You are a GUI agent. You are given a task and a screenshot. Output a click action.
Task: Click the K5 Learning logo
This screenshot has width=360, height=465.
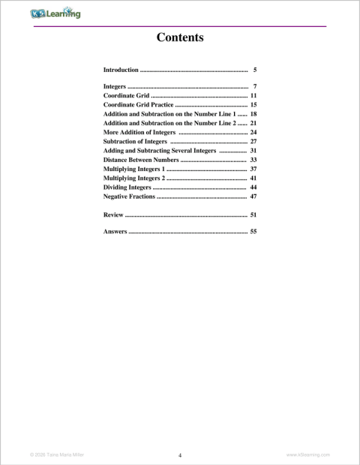[x=55, y=13]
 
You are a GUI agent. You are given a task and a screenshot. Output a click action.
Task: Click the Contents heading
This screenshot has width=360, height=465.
[x=180, y=37]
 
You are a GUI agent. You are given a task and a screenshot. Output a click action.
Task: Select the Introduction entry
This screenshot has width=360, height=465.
[x=121, y=70]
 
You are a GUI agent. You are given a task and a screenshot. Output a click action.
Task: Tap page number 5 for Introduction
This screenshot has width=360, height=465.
[x=255, y=70]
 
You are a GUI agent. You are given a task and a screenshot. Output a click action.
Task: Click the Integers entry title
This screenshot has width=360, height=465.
[x=115, y=88]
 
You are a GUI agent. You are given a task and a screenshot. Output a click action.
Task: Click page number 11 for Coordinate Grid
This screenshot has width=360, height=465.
[x=253, y=97]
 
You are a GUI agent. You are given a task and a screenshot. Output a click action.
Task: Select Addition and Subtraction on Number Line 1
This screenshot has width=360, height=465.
[x=169, y=115]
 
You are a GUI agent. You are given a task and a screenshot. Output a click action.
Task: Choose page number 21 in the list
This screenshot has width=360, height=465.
[x=253, y=124]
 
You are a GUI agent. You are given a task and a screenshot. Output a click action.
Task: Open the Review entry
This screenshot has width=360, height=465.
[x=113, y=215]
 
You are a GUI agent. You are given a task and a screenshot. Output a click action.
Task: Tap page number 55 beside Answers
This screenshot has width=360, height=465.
[x=253, y=232]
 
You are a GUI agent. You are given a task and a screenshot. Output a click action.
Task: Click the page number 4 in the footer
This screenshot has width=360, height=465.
[x=180, y=454]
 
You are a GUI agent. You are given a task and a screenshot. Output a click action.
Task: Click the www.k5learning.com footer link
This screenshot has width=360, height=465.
[x=308, y=454]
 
